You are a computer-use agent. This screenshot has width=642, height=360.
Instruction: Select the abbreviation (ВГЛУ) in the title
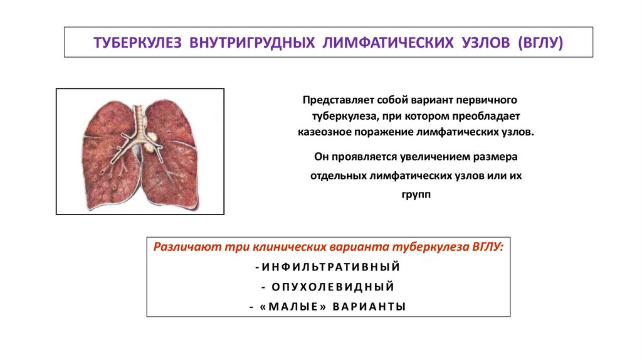point(541,43)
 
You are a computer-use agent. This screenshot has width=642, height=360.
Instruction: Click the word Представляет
point(333,100)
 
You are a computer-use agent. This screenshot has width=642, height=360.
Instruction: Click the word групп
point(416,195)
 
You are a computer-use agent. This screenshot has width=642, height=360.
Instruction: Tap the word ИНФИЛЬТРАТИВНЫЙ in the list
point(330,267)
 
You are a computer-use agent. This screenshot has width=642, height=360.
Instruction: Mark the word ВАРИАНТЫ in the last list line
point(369,307)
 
